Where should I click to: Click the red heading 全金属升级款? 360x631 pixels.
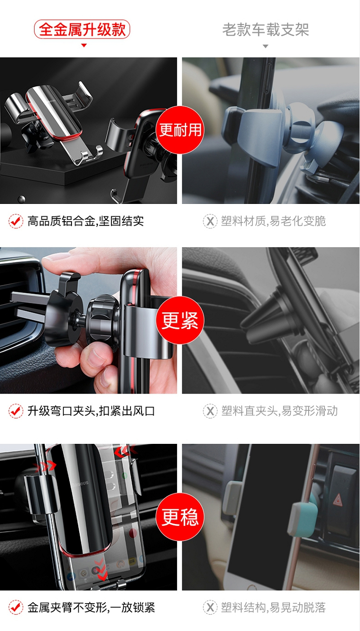(x=82, y=29)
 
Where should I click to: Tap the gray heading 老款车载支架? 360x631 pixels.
(x=265, y=30)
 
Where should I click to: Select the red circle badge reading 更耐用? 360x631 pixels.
(x=180, y=130)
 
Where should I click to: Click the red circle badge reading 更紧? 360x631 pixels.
(x=180, y=320)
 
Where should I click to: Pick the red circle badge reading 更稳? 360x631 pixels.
(x=180, y=517)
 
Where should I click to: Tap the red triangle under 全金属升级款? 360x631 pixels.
(x=84, y=46)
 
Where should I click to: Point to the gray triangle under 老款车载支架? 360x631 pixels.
(x=265, y=46)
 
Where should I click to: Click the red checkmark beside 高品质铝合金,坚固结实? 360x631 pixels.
(x=16, y=221)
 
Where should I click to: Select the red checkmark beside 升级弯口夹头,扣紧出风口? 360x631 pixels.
(x=16, y=411)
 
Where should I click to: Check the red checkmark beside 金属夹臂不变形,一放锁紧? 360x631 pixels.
(x=16, y=607)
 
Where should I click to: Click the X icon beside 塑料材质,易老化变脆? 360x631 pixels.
(x=210, y=221)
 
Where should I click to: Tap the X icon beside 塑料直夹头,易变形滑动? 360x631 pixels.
(x=210, y=411)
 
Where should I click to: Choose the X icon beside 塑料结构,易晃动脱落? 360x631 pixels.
(x=210, y=607)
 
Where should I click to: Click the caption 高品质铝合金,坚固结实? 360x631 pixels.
(x=85, y=221)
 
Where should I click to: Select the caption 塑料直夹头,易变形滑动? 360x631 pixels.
(x=279, y=411)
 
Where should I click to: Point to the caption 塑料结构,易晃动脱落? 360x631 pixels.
(x=274, y=607)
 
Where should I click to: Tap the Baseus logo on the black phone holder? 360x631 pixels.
(x=80, y=484)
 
